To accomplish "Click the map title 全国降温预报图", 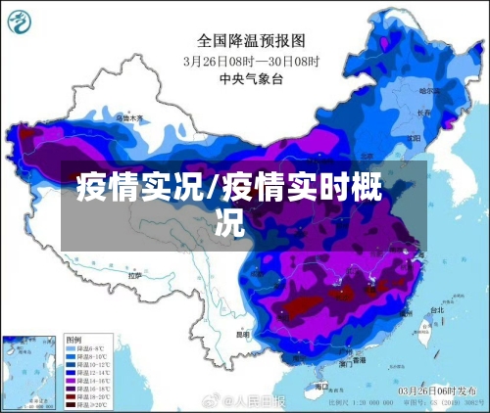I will click(x=251, y=41).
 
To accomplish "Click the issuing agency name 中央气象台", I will click(x=251, y=78).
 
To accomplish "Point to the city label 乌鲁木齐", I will click(x=129, y=117).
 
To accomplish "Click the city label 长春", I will click(x=423, y=113).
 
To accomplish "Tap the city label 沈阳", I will click(x=410, y=133).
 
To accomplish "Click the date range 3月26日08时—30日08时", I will click(x=251, y=60).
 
